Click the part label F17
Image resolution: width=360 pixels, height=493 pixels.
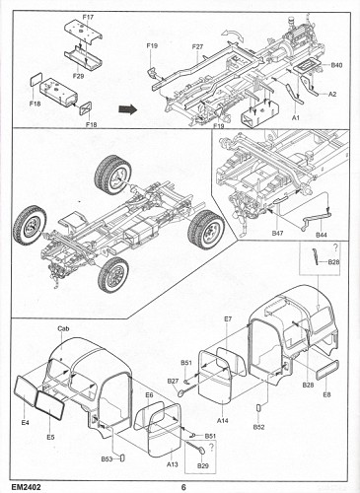89,18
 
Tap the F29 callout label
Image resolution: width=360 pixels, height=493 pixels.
77,76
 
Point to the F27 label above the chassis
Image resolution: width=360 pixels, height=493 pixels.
197,47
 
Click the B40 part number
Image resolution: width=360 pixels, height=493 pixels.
337,66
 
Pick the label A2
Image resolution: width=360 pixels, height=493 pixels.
332,95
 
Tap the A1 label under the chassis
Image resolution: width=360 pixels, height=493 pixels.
296,116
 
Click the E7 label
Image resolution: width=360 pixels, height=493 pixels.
228,320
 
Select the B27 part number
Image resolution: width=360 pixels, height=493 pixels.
173,382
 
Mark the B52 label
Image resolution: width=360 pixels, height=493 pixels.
259,428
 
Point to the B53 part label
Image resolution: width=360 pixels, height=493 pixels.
106,460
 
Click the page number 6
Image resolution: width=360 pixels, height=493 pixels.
183,485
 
